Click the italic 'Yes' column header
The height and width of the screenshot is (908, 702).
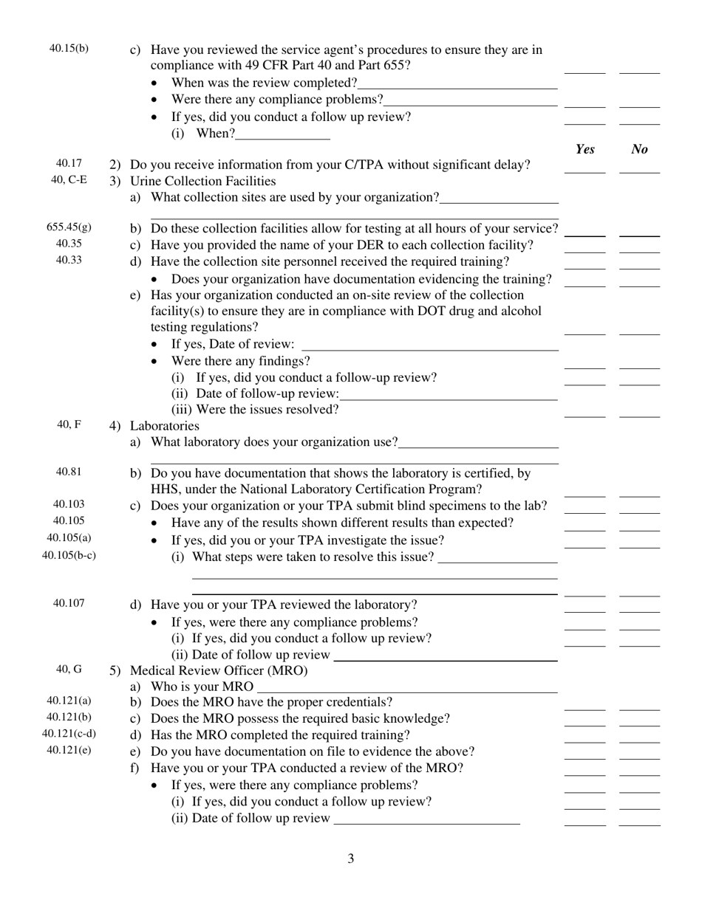pos(585,149)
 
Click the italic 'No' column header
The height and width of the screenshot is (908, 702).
pos(640,149)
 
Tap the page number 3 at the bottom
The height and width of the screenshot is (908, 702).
pos(350,859)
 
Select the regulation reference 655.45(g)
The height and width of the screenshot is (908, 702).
pos(69,227)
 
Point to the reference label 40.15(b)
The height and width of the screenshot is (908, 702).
pos(69,49)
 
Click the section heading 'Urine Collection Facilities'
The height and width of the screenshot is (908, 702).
pos(202,181)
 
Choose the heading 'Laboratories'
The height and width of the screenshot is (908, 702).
pos(164,426)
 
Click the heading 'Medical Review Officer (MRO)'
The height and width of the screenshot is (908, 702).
pos(218,671)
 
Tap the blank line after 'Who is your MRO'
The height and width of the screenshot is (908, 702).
pos(406,688)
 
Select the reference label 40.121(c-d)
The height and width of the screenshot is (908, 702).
pos(69,734)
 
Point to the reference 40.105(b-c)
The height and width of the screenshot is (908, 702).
pos(69,555)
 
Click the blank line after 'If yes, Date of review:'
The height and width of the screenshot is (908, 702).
pos(430,345)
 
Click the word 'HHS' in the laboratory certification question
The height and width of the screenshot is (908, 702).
pos(164,489)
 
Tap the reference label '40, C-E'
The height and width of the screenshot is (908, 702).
pos(69,179)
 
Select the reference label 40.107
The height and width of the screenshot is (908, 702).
pos(69,603)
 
